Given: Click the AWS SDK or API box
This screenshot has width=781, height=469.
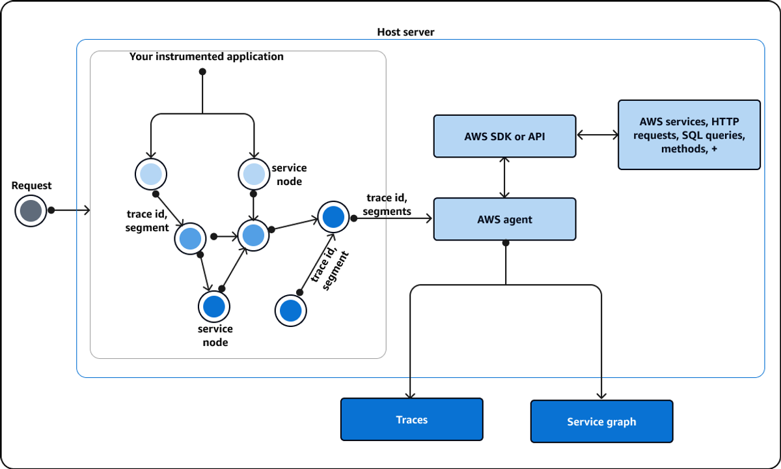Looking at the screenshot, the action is [504, 136].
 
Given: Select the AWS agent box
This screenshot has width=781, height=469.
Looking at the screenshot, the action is [504, 219].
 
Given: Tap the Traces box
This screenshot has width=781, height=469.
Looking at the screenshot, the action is [412, 419].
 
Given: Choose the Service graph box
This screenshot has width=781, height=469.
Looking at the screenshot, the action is [602, 421].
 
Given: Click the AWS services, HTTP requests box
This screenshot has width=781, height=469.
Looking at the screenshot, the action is [689, 135].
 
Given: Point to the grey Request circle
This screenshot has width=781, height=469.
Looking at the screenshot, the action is [31, 211].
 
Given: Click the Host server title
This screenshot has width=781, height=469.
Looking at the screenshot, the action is [405, 32].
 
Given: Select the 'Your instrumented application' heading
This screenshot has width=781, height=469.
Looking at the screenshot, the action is [206, 57].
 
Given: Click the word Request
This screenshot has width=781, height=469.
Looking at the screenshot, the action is [31, 185].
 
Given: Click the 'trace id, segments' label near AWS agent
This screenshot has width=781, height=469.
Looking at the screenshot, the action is [387, 205].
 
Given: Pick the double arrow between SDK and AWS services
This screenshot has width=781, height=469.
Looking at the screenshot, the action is [597, 135].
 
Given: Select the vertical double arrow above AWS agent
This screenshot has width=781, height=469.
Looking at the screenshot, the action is [504, 178].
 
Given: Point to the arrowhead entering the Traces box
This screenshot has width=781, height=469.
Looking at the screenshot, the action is [410, 395].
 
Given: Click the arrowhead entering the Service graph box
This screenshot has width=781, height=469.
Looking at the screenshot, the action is [601, 396].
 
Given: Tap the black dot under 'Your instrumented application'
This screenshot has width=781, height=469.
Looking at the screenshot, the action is [202, 72].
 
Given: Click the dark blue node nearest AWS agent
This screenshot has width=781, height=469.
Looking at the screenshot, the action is [333, 217].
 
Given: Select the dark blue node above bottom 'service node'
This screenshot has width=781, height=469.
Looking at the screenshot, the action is [213, 306].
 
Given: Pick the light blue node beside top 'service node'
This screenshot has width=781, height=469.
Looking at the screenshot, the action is [254, 174].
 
